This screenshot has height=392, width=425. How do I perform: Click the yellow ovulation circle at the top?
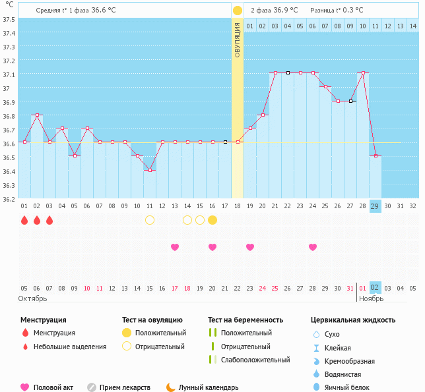[238, 11]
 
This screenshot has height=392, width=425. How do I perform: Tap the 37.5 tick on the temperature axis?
[9, 19]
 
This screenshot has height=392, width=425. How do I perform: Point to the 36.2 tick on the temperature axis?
[9, 199]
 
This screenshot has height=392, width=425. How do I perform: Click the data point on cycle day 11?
[150, 170]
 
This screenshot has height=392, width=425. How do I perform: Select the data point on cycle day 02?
[37, 115]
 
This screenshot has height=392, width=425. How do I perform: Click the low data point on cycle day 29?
[376, 155]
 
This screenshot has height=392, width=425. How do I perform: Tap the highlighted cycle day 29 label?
[375, 206]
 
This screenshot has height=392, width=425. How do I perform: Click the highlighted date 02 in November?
[375, 287]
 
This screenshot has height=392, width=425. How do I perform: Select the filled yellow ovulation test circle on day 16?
[212, 220]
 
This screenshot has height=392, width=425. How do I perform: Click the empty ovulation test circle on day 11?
[150, 220]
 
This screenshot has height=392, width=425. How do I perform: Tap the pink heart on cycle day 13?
[175, 247]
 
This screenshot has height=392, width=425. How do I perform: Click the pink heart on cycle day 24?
[313, 247]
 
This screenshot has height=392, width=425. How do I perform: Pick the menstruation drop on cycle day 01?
[24, 220]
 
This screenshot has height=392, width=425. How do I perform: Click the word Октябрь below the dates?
[32, 298]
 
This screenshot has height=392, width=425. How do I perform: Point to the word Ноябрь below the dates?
[371, 298]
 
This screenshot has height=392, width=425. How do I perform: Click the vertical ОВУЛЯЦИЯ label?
[238, 40]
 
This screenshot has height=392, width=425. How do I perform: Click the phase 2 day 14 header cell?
[412, 26]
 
